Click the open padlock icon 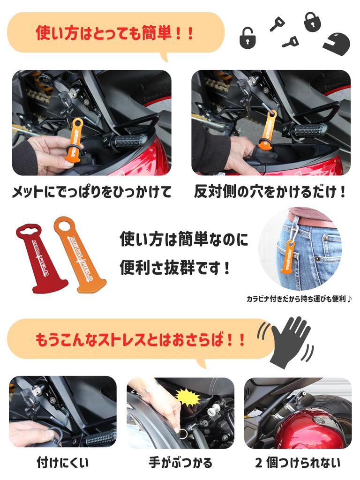point(248,37)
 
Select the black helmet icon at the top point(337,43)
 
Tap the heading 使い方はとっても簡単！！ point(115,33)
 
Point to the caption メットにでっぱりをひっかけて point(91,192)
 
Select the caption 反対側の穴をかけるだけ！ point(270,192)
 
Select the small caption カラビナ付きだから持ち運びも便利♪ point(299,299)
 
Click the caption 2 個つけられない point(298,462)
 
